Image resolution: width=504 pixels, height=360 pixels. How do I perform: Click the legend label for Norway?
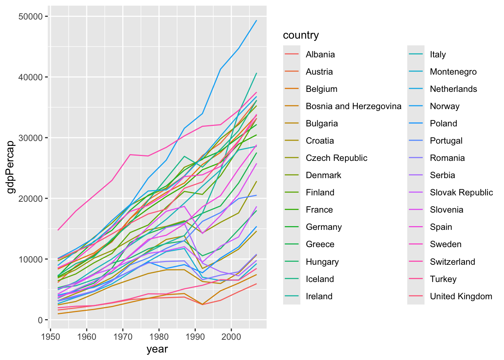[444, 106]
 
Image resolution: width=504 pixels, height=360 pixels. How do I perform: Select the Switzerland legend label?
[452, 262]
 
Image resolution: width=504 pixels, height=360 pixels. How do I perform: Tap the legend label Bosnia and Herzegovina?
[353, 106]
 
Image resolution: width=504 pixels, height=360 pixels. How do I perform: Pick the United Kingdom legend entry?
[461, 296]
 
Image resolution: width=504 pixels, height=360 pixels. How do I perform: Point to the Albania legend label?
[320, 54]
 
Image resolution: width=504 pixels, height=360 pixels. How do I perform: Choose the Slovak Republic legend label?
[461, 192]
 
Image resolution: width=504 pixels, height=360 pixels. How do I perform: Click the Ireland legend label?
[319, 296]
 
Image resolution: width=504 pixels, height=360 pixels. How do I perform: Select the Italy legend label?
[438, 54]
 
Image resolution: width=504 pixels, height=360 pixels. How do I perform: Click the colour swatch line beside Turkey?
[416, 279]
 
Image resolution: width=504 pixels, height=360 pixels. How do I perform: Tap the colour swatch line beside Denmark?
[292, 175]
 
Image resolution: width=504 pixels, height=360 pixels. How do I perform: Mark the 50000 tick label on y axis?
[30, 16]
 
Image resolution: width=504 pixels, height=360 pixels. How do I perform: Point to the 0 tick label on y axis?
[40, 320]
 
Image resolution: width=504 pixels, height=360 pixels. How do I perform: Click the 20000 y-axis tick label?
[30, 198]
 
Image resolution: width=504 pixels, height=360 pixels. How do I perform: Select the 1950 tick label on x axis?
[51, 336]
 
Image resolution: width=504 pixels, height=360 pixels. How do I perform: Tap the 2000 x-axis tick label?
[231, 336]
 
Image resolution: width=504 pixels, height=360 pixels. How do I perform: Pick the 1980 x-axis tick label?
[159, 336]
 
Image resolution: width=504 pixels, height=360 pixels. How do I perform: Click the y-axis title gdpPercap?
[11, 167]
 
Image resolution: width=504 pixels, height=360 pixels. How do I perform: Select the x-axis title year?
[157, 349]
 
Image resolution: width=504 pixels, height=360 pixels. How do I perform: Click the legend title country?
[301, 35]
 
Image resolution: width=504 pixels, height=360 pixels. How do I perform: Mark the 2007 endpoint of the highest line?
[256, 21]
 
